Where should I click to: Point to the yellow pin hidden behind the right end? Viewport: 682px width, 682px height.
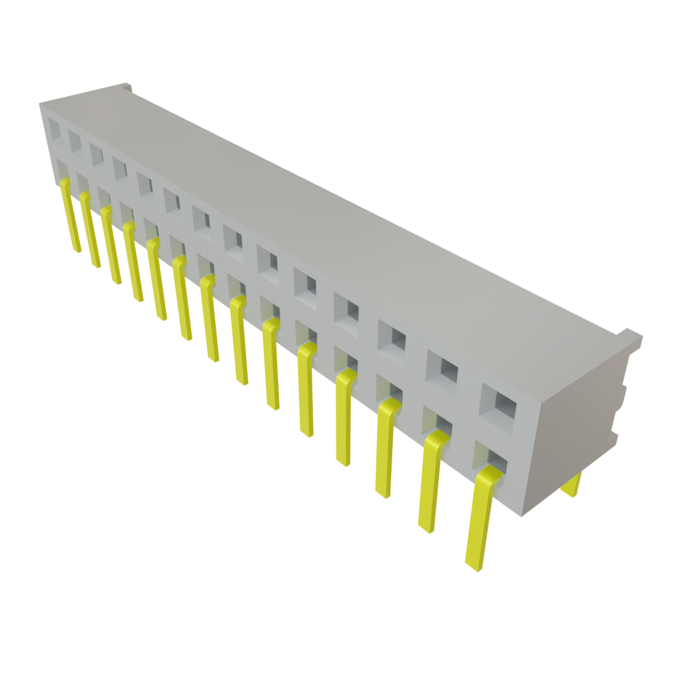pyautogui.click(x=572, y=486)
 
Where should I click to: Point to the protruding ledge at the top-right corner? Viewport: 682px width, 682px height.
pyautogui.click(x=633, y=337)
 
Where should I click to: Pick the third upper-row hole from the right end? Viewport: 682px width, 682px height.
pyautogui.click(x=392, y=336)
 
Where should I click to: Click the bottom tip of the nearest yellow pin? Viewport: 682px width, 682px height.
pyautogui.click(x=474, y=567)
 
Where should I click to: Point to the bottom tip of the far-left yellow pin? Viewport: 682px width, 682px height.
pyautogui.click(x=77, y=250)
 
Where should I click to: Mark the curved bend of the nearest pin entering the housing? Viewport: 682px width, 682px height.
pyautogui.click(x=490, y=474)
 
